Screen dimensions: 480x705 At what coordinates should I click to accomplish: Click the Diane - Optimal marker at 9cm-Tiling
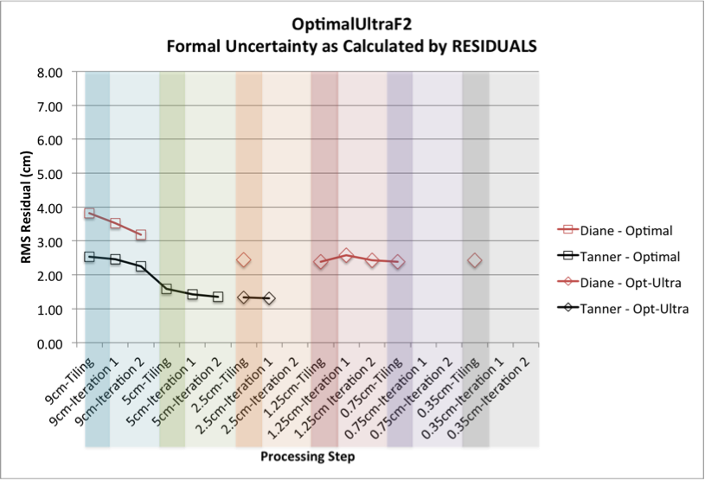(x=90, y=214)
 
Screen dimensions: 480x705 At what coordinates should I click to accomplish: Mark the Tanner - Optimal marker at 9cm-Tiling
(x=90, y=257)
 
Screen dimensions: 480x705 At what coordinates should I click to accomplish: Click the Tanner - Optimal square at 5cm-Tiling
(x=166, y=289)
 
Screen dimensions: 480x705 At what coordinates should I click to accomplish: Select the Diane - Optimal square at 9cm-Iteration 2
(x=141, y=234)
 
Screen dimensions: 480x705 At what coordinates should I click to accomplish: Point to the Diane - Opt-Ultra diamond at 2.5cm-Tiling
(x=244, y=260)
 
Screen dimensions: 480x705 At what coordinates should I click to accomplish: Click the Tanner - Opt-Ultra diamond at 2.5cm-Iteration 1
(x=269, y=298)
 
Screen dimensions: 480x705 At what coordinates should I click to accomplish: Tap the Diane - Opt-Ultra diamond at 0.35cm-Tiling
(x=474, y=261)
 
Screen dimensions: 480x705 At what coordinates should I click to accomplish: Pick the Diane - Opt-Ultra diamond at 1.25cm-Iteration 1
(x=346, y=255)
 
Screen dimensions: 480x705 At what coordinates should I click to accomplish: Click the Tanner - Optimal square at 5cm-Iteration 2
(x=218, y=297)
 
